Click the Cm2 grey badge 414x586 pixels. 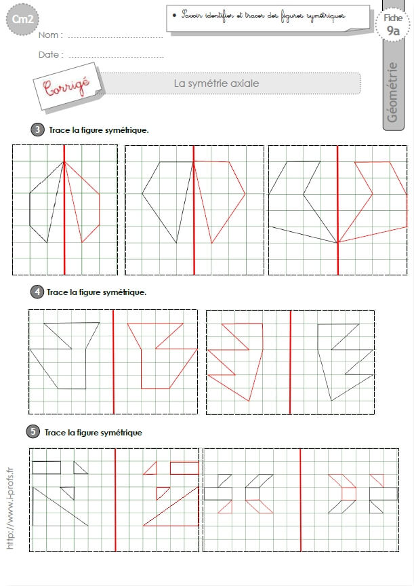[x=22, y=20]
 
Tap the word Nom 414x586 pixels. [x=48, y=35]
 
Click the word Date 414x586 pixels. [x=49, y=54]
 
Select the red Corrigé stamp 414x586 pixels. [x=66, y=86]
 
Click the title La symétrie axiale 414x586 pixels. [x=216, y=83]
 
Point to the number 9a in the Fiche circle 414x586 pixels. [x=393, y=31]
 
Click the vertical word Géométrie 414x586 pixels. [x=392, y=92]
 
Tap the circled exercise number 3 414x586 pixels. [x=37, y=130]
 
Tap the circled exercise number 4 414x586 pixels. [x=37, y=292]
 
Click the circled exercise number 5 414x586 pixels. [x=33, y=431]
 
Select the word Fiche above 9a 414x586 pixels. [x=393, y=18]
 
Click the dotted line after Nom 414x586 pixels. [x=115, y=37]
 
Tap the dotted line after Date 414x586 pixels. [x=116, y=57]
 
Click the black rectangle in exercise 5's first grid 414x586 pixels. [x=47, y=467]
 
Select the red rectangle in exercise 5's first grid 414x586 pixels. [x=184, y=468]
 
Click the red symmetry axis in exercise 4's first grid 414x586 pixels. [x=113, y=362]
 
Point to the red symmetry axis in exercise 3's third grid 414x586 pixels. [x=338, y=210]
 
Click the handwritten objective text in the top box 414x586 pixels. [x=263, y=16]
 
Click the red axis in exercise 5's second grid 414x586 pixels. [x=301, y=500]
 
